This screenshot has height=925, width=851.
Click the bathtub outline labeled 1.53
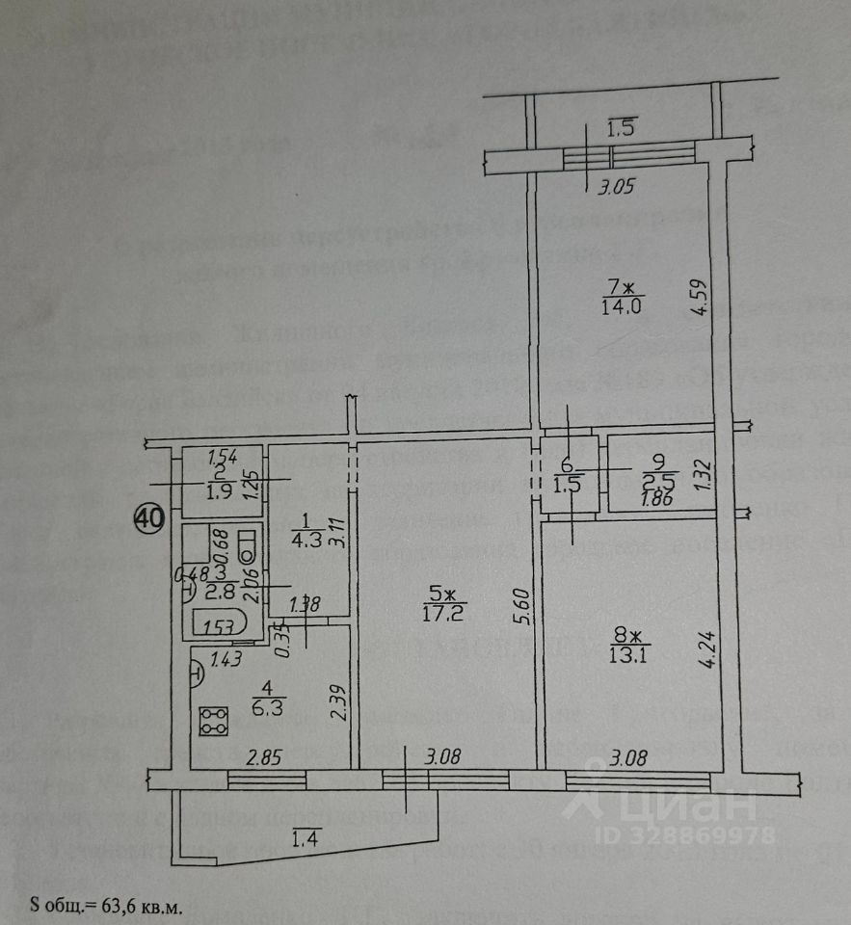(221, 625)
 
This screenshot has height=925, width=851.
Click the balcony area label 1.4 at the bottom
(303, 844)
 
